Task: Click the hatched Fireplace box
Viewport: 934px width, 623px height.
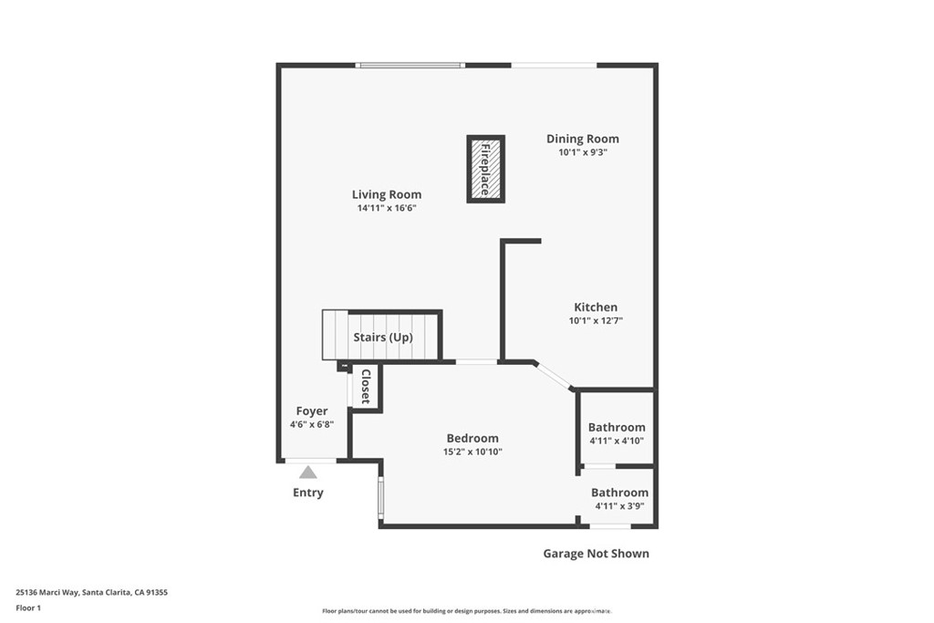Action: [x=485, y=169]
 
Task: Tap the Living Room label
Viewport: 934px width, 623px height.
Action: [x=387, y=194]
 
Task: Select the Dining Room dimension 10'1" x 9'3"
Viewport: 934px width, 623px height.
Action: [x=583, y=153]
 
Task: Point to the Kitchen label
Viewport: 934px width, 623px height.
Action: [x=596, y=307]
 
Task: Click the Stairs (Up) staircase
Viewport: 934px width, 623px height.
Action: [x=382, y=337]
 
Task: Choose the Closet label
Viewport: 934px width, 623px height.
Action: [x=366, y=387]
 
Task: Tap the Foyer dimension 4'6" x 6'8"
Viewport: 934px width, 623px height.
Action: [x=312, y=425]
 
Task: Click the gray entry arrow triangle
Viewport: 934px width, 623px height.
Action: [x=308, y=472]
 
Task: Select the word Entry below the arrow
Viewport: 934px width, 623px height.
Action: [x=308, y=493]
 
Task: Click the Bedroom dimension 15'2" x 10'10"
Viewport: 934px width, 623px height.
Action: [x=472, y=452]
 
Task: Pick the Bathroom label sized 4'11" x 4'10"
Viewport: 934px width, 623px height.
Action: [x=617, y=427]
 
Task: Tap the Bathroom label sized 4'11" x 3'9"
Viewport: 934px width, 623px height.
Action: [x=619, y=493]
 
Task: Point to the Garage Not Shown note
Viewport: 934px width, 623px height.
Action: [x=597, y=554]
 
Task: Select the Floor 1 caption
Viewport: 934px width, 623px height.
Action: [x=28, y=607]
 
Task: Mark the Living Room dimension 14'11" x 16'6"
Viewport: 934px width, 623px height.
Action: [x=387, y=208]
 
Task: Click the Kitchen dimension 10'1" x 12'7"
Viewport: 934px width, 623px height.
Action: [x=596, y=321]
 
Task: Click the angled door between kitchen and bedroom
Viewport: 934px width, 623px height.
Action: [x=554, y=376]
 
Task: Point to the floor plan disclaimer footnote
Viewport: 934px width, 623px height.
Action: [x=466, y=611]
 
